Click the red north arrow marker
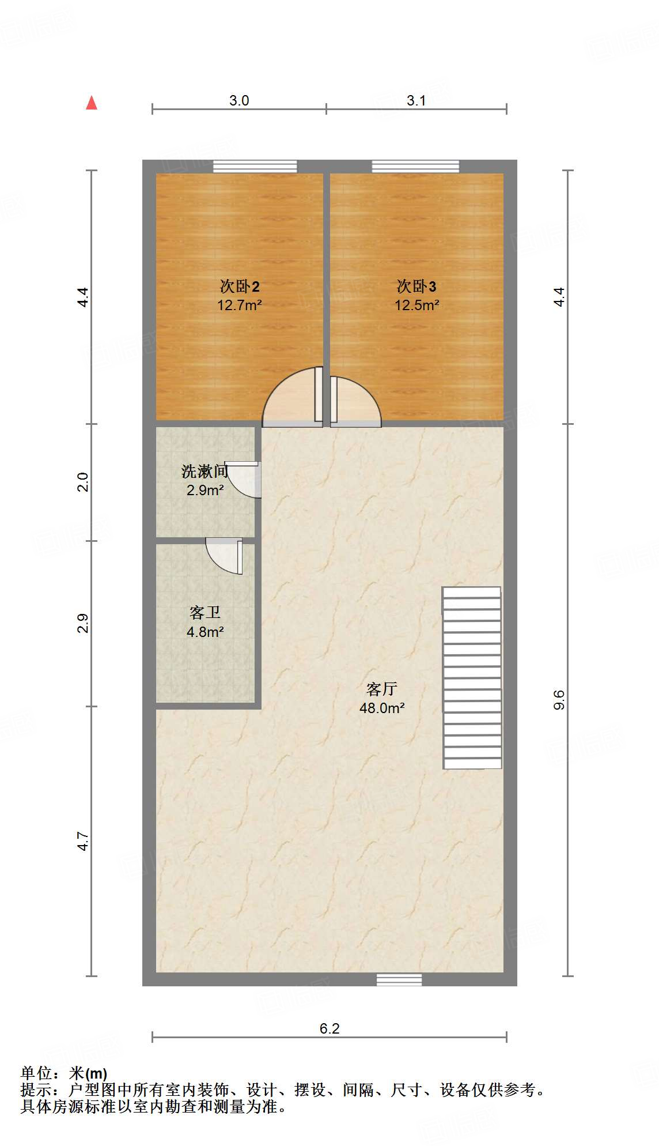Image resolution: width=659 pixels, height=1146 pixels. click(92, 103)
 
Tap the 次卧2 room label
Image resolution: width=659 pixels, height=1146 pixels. click(240, 286)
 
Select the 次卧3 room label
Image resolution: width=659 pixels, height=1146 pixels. click(416, 286)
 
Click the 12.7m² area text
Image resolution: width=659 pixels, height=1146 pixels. click(240, 305)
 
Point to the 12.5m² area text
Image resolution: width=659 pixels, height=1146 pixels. click(416, 305)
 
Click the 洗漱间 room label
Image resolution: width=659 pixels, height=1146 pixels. click(204, 472)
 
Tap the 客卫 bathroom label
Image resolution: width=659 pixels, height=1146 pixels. click(205, 612)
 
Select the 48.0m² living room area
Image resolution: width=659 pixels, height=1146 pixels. click(382, 708)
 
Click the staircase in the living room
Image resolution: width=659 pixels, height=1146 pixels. click(472, 678)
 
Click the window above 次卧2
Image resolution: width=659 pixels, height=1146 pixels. click(255, 167)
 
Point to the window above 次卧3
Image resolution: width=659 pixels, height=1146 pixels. click(415, 167)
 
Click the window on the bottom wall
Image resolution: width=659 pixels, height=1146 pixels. click(399, 979)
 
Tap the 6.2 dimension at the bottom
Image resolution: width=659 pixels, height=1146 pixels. click(329, 1028)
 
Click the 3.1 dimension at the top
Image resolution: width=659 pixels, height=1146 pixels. click(416, 100)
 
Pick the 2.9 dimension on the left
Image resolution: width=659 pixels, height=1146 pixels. click(83, 623)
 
